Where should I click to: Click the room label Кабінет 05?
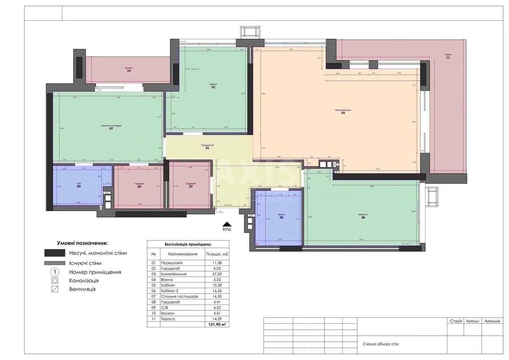[213, 85]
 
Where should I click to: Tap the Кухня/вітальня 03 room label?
[343, 112]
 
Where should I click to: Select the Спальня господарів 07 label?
[111, 127]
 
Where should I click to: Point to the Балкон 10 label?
[129, 70]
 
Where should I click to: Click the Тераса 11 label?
[447, 56]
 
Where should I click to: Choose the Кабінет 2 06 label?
[364, 216]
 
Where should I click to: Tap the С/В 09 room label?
[79, 185]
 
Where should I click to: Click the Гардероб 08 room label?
[139, 185]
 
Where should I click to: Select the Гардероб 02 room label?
[190, 185]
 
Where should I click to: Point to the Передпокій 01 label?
[207, 147]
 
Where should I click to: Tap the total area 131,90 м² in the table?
[216, 324]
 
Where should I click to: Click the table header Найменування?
[182, 254]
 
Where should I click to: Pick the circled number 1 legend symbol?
[54, 272]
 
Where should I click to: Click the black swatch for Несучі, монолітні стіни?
[54, 253]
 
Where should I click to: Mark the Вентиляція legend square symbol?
[54, 290]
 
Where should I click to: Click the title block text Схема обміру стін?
[380, 344]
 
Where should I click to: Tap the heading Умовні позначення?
[82, 243]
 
